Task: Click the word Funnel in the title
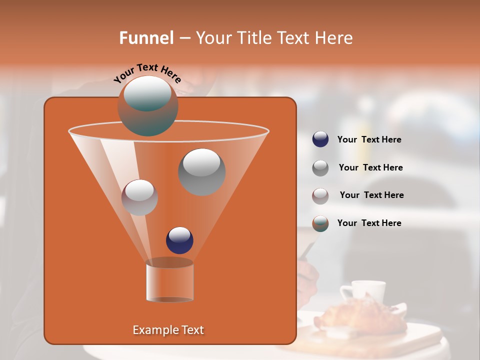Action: [146, 38]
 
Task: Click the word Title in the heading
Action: [254, 38]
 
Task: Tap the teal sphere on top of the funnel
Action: [148, 105]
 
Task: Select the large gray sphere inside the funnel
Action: [202, 172]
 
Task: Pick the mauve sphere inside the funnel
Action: [140, 197]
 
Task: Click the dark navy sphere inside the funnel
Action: [179, 240]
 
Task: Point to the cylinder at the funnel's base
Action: [170, 281]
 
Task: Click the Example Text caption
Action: [168, 330]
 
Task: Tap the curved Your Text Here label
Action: [147, 73]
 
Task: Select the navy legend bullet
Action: [320, 139]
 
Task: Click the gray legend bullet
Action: [320, 167]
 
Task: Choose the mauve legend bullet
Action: [320, 195]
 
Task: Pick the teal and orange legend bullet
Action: [320, 223]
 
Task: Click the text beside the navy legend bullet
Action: [369, 139]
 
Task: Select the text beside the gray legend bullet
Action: [370, 167]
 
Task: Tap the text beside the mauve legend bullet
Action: [371, 195]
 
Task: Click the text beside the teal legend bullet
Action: [369, 223]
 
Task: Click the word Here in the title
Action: [334, 38]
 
